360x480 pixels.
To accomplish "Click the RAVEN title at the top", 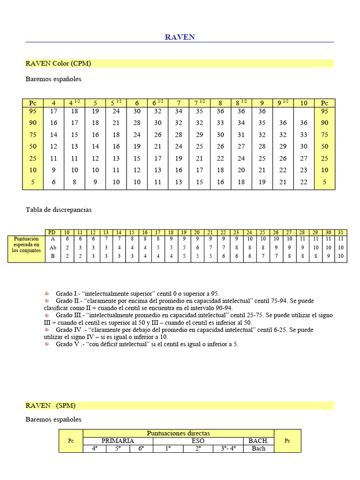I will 180,37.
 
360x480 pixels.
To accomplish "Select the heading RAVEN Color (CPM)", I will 58,63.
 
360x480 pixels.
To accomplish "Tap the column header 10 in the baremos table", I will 304,103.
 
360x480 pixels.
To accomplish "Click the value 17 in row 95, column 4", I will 54,112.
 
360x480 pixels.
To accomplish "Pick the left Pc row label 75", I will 33,135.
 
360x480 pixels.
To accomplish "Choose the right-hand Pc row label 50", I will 324,146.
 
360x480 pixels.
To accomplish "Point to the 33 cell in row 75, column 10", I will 304,135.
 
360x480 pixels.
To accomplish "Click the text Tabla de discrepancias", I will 59,210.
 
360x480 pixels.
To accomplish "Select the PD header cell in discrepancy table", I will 53,232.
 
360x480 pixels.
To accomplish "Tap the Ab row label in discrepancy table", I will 53,247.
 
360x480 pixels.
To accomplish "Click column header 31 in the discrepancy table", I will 341,232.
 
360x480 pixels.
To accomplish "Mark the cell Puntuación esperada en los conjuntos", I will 26,245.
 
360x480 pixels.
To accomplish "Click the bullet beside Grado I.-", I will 47,293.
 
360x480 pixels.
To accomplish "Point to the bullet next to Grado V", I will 47,344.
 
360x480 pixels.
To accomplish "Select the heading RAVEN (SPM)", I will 50,405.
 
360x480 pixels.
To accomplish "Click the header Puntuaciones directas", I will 178,434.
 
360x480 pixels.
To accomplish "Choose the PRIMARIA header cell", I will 118,441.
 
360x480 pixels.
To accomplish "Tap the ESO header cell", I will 198,441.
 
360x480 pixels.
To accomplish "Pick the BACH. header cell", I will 258,441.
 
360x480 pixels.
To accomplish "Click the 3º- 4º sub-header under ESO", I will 228,449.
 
